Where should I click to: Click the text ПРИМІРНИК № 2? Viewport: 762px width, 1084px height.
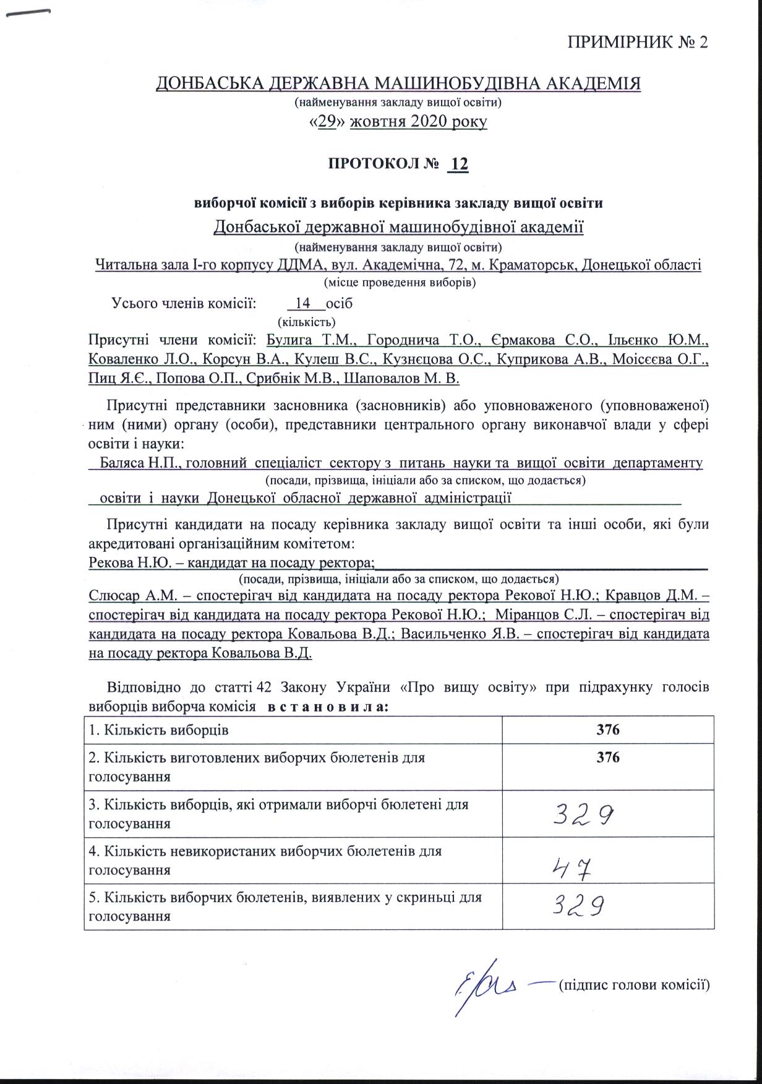(637, 42)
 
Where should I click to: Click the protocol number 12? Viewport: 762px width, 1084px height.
(458, 165)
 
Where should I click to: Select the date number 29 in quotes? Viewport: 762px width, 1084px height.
(327, 122)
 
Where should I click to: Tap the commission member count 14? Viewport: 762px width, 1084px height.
(303, 304)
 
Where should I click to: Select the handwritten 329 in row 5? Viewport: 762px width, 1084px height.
(577, 907)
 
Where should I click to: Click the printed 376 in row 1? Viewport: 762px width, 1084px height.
(608, 729)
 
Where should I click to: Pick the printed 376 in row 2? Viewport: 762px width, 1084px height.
(608, 757)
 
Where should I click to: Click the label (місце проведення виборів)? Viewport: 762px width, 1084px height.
(400, 283)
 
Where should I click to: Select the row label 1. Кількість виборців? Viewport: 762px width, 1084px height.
(159, 729)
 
